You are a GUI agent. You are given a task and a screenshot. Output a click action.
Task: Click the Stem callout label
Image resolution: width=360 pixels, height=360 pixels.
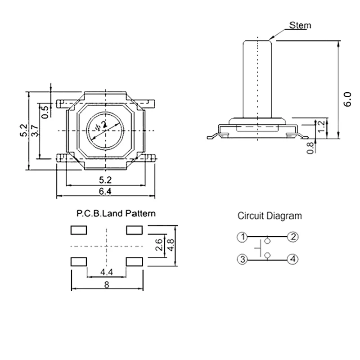coord(300,25)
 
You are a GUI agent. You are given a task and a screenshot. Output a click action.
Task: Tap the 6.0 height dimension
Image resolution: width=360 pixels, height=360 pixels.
coord(347,99)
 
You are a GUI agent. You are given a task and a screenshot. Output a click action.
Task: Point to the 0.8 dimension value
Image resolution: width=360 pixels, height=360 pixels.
coord(310,148)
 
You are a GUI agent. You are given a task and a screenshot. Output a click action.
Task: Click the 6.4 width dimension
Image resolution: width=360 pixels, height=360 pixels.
coord(105,191)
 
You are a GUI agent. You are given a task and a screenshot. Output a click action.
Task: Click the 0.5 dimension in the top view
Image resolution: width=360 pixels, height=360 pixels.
coord(45,110)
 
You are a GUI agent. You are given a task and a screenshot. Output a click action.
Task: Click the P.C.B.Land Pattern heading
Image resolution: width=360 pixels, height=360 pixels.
coord(116,214)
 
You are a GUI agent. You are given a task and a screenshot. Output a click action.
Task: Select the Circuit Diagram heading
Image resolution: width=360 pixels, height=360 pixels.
coord(270,216)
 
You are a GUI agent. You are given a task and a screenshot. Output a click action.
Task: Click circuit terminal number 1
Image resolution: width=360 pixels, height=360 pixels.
coord(242,237)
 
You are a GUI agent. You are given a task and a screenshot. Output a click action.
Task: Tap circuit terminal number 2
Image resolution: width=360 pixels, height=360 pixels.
coord(293,237)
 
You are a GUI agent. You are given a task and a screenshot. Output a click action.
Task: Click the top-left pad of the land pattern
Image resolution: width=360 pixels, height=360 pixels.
coord(78,230)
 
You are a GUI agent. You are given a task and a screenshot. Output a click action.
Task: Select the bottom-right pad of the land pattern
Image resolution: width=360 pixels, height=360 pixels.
coord(135,261)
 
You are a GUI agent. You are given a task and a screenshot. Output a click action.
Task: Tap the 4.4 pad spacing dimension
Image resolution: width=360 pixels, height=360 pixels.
coord(107,272)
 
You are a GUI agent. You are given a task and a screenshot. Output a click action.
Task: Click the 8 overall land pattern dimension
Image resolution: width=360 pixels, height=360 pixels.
coord(107,284)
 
